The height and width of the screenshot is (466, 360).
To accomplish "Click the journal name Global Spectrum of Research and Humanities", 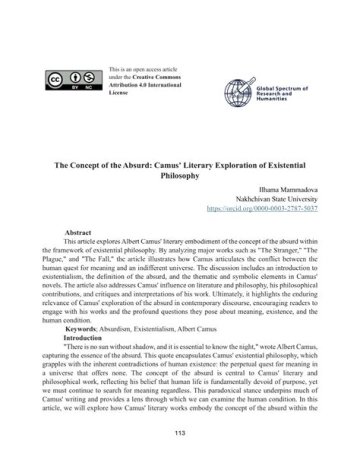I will (281, 93).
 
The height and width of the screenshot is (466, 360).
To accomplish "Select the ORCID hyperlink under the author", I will (262, 208).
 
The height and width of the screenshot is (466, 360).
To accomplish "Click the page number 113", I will (180, 432).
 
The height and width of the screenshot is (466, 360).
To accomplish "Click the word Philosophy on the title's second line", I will (180, 176).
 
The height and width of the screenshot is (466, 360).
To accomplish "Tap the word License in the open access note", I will (118, 93).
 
